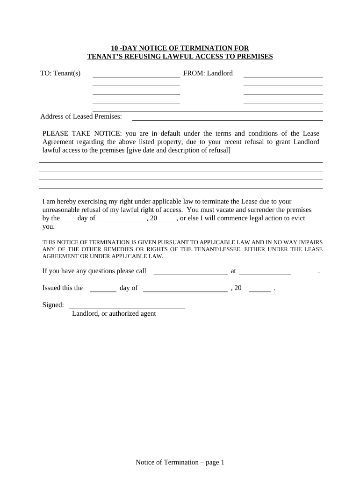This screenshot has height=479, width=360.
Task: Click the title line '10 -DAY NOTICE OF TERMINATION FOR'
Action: pyautogui.click(x=180, y=48)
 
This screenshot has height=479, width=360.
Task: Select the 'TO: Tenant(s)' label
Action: pyautogui.click(x=60, y=73)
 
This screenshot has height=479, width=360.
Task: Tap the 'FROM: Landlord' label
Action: pyautogui.click(x=208, y=73)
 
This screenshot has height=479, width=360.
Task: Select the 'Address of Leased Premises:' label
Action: pyautogui.click(x=81, y=116)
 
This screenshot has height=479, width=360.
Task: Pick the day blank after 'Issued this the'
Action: pyautogui.click(x=103, y=290)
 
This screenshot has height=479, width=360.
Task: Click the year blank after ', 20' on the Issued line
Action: pyautogui.click(x=260, y=290)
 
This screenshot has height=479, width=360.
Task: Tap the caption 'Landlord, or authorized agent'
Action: pyautogui.click(x=114, y=314)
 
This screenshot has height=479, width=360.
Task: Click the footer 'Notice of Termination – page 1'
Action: pyautogui.click(x=180, y=463)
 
